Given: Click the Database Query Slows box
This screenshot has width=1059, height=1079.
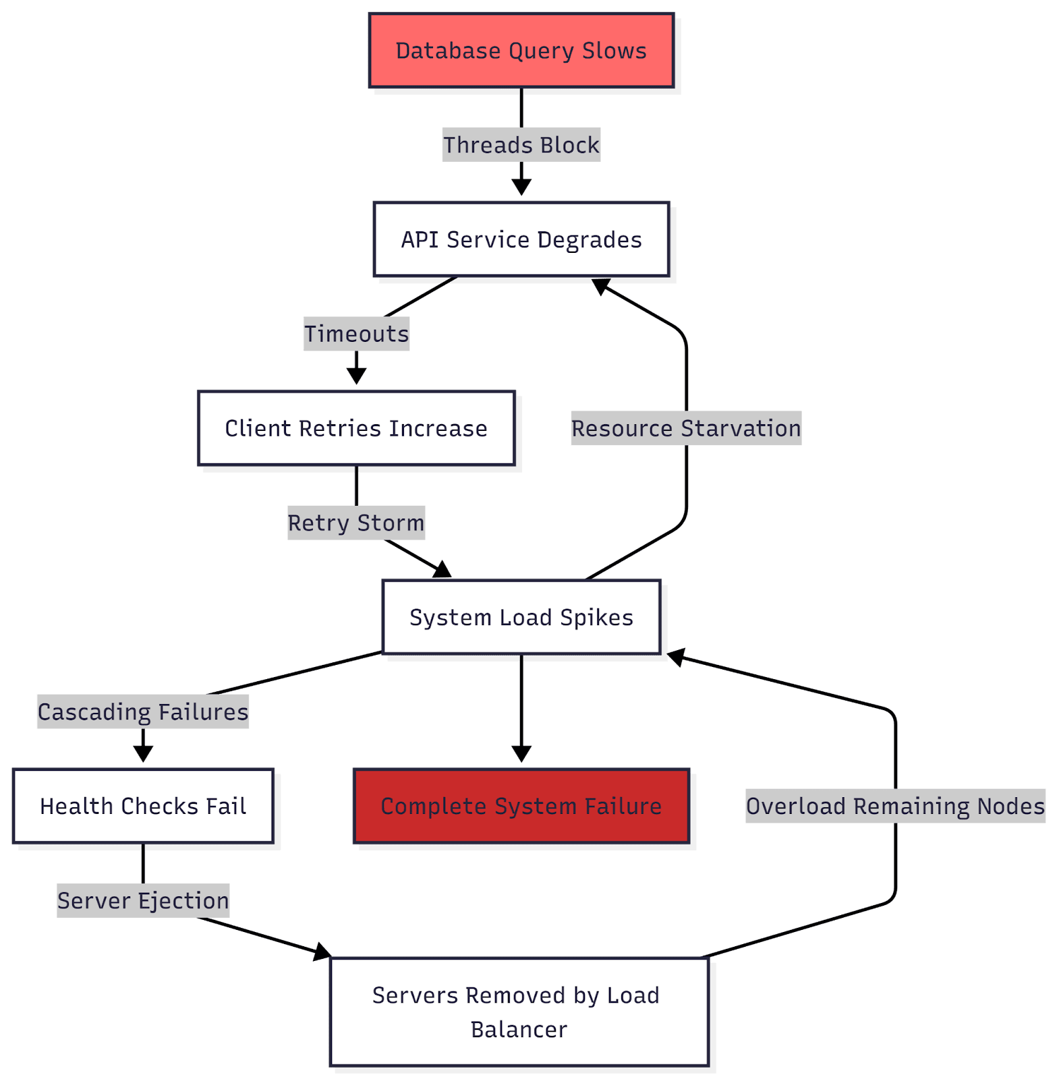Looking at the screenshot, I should point(521,51).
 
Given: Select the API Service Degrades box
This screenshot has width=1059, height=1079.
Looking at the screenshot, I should point(521,239).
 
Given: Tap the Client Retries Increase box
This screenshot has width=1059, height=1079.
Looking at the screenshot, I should point(356,428).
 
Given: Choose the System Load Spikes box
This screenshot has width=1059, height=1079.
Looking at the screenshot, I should point(521,617).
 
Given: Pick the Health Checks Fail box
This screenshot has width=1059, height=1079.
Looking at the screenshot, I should point(143,806).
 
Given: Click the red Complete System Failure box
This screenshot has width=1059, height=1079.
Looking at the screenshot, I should point(521,806).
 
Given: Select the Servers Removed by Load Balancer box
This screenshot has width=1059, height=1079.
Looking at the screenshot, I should point(519,1012).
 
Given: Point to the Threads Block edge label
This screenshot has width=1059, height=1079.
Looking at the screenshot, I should point(521,145).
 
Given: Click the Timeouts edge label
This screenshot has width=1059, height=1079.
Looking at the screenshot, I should point(356,334).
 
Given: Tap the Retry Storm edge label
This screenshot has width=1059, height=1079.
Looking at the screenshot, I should point(356,523).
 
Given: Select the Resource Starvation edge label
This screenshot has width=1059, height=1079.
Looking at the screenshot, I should point(686,428).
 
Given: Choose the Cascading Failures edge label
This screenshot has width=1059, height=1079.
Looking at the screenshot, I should point(143,711).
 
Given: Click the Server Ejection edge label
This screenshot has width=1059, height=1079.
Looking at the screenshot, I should point(143,900).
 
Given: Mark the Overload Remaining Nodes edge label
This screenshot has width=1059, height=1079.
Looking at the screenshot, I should point(895,806).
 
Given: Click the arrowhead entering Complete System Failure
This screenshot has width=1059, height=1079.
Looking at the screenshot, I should point(521,755).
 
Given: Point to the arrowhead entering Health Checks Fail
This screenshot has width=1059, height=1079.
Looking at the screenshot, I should point(143,755).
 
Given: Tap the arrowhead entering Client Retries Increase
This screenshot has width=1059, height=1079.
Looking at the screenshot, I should point(356,377).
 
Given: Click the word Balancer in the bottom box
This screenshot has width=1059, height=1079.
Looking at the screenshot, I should point(519,1030).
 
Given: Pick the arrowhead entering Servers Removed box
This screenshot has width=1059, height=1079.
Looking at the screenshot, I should point(322,952).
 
